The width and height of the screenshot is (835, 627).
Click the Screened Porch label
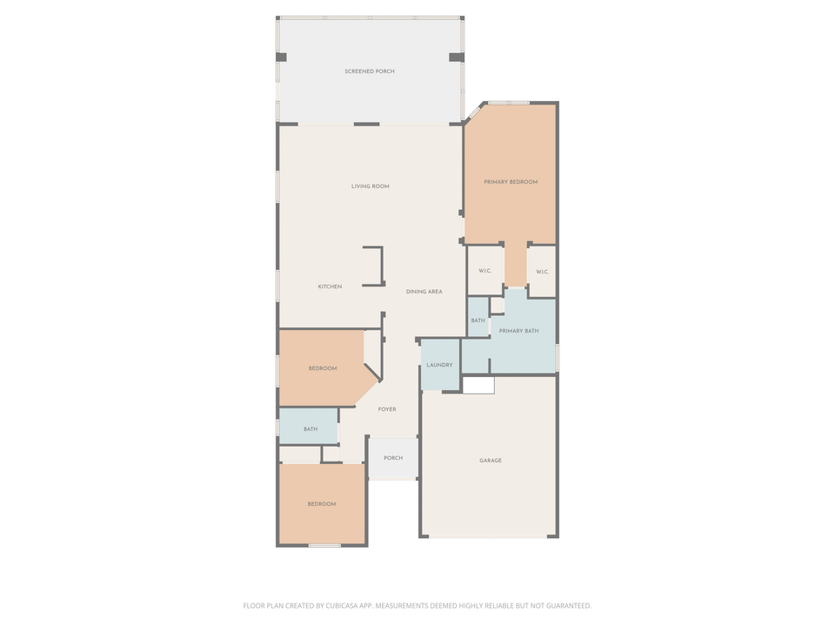(x=370, y=71)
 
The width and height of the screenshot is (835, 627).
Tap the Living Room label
(x=370, y=186)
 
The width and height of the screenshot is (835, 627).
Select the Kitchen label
(x=330, y=287)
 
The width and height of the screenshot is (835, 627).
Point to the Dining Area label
(x=424, y=292)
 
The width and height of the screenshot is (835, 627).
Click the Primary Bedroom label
(x=511, y=182)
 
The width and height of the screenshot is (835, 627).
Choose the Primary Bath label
(x=518, y=331)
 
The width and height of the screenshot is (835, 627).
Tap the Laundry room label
(x=439, y=365)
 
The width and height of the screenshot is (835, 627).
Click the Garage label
(x=491, y=461)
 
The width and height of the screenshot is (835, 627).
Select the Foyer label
(x=387, y=409)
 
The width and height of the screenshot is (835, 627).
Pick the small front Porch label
(x=393, y=458)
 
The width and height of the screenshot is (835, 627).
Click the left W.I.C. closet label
(x=484, y=271)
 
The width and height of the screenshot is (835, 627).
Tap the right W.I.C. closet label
(x=542, y=272)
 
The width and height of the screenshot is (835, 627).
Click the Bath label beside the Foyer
(x=311, y=429)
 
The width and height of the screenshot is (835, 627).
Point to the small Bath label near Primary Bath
(x=478, y=321)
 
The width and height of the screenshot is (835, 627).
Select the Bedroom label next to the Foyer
(x=322, y=368)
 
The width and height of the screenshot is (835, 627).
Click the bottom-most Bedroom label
(x=322, y=504)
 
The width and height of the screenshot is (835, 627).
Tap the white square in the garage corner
(x=478, y=385)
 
